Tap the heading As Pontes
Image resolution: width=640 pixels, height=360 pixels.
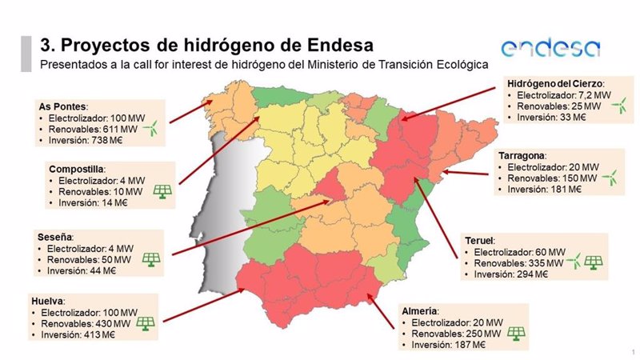(x=62, y=106)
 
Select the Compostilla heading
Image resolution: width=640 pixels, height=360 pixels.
(x=76, y=170)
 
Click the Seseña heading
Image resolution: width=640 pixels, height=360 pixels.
(x=55, y=238)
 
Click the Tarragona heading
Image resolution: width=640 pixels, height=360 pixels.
(x=522, y=154)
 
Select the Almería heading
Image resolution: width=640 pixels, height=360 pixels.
(x=420, y=310)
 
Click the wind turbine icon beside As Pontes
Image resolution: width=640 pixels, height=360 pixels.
(x=153, y=129)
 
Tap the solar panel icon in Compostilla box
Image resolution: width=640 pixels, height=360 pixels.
(x=162, y=191)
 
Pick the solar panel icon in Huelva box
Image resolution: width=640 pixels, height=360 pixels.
(x=145, y=323)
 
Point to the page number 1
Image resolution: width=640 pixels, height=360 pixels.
(x=632, y=352)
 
